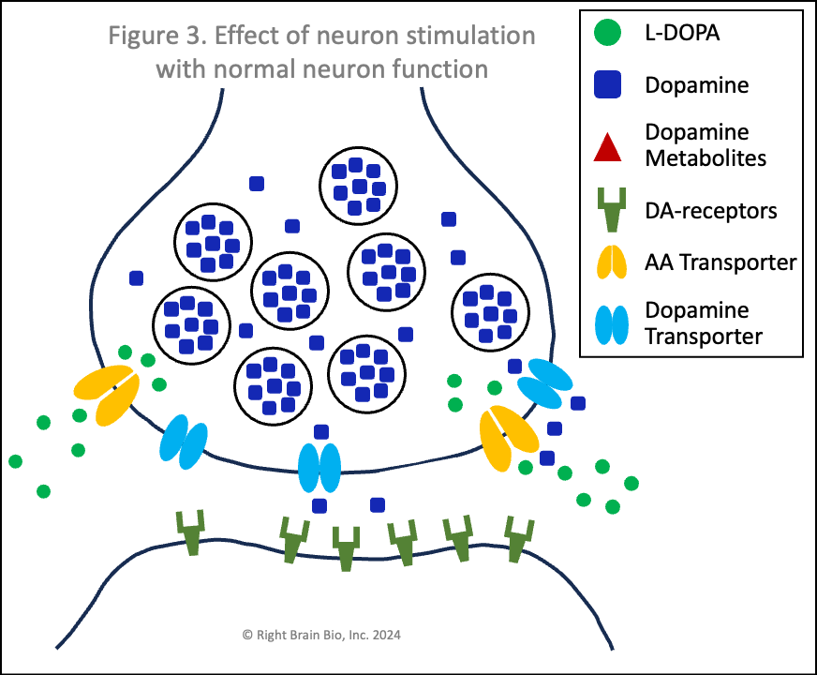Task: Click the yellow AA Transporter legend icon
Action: point(608,262)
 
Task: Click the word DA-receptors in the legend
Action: point(711,211)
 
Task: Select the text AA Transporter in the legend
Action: point(720,262)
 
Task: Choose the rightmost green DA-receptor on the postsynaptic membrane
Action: point(516,539)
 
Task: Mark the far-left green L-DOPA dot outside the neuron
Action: point(15,461)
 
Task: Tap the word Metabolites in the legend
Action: point(706,157)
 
